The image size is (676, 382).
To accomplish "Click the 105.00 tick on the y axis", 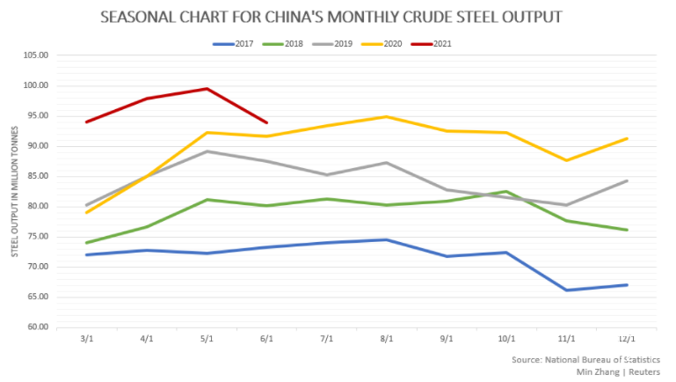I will pos(35,55).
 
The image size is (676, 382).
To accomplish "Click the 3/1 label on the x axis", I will pos(85,339).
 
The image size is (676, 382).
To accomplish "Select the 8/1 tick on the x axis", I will pos(386,339).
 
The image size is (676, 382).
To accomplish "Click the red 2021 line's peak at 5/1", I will pos(206,88).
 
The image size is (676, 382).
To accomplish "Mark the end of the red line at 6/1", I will pos(266,122).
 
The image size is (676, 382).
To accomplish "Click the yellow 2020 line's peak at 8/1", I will pos(386,116).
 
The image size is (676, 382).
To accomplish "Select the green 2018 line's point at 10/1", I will pos(506,191).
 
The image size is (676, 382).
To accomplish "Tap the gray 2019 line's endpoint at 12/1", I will pos(627,180).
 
